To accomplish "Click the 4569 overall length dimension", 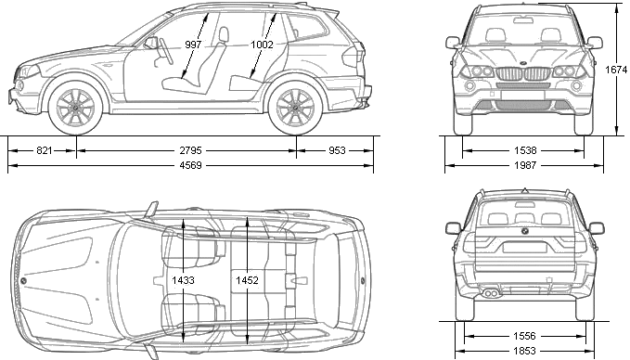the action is pos(191,165).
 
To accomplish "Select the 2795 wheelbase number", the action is pos(191,150).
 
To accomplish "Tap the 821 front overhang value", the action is pos(45,150).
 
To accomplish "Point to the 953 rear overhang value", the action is pos(337,150).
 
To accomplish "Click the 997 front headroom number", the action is pos(193,45).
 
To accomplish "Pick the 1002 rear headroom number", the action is pos(262,45).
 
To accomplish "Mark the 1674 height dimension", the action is pos(616,70).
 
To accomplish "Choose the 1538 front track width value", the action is pos(525,150).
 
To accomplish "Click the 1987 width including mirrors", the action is pos(525,165).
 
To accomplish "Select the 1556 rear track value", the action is pos(524,336).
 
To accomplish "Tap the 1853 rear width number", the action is pos(524,351).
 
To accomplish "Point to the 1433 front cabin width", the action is pos(183,280).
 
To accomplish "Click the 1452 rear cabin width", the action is pos(247,280).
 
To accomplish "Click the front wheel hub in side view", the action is pos(75,108).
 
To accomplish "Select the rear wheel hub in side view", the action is pos(294,108).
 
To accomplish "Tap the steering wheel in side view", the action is pos(166,51).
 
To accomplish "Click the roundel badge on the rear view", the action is pos(524,231).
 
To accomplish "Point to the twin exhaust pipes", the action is pos(491,294).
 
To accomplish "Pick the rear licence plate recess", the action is pos(524,246).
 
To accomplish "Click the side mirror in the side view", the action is pos(151,43).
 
